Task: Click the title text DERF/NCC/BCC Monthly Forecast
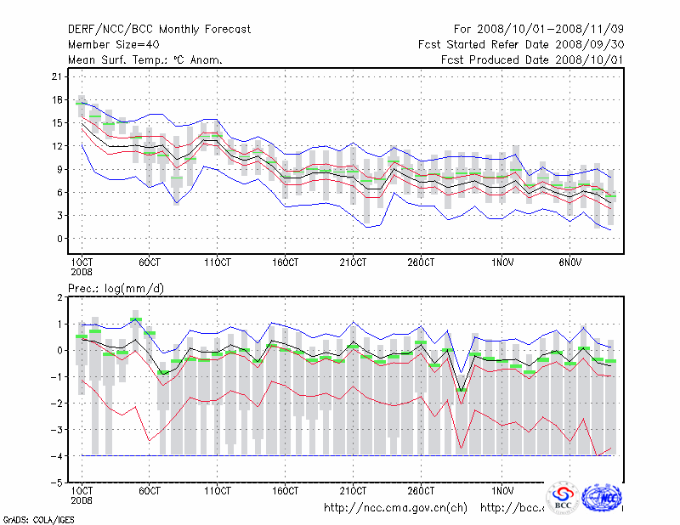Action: [159, 30]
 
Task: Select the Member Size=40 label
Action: [113, 45]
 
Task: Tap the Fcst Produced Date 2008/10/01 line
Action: [532, 60]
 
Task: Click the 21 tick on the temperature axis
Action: [58, 76]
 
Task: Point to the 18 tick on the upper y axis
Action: [58, 99]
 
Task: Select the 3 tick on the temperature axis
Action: [60, 215]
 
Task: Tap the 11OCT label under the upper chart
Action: [217, 262]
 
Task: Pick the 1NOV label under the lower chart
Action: [502, 491]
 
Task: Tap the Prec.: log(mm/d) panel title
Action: [116, 289]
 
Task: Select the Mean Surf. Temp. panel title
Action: [145, 60]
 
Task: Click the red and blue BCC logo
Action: [563, 499]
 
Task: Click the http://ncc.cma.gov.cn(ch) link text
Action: [396, 508]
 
